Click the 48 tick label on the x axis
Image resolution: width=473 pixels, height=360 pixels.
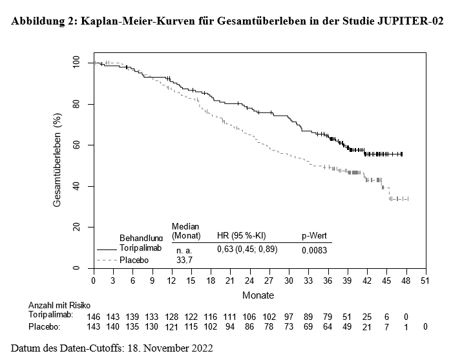[406, 281]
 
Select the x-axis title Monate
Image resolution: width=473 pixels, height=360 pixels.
[258, 295]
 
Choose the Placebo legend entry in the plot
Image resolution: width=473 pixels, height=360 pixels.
[134, 259]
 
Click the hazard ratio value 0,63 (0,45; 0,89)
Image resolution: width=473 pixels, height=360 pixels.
[246, 249]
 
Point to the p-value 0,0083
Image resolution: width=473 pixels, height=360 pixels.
[315, 249]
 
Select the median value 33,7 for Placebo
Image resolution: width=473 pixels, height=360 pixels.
[185, 259]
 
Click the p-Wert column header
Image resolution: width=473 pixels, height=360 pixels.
[315, 236]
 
